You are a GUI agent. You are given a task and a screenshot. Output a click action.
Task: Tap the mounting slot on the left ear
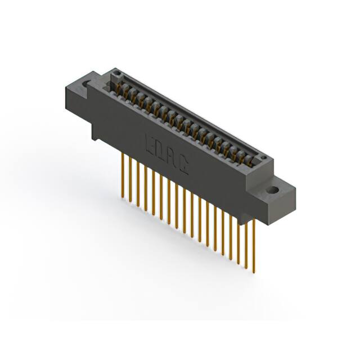click(x=86, y=84)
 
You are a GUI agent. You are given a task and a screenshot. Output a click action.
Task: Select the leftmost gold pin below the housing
click(x=123, y=174)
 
